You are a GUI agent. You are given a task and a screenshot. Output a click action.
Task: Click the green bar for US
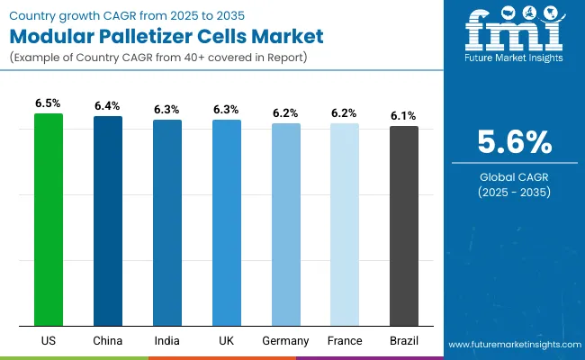[x=49, y=220]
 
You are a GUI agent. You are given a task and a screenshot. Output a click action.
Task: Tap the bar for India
[x=167, y=222]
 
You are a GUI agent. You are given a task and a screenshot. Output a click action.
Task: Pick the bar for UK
[x=227, y=222]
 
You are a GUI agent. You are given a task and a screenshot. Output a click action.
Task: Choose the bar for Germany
[x=286, y=224]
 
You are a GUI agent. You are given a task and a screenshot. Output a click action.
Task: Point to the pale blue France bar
[x=345, y=224]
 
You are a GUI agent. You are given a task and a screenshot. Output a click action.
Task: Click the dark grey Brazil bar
[x=404, y=226]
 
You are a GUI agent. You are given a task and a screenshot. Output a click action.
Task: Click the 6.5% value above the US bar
[x=49, y=103]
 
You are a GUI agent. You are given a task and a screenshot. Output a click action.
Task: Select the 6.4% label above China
[x=108, y=106]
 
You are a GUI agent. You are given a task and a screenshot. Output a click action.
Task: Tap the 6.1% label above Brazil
[x=404, y=116]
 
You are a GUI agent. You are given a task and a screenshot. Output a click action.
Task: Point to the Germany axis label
[x=286, y=341]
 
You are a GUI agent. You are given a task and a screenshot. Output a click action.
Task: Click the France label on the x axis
[x=345, y=341]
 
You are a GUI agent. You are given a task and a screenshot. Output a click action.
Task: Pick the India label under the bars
[x=167, y=341]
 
